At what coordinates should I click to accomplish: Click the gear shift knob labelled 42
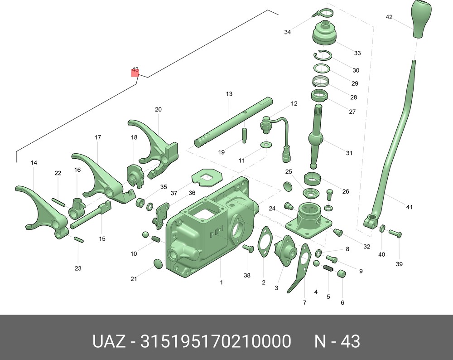[421, 19]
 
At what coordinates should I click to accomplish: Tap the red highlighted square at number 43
[135, 73]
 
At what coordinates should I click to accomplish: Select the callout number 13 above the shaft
[229, 94]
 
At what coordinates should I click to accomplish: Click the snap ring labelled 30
[323, 55]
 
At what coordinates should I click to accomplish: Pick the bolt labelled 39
[395, 233]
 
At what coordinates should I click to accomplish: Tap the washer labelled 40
[382, 228]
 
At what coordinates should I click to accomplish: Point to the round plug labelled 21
[158, 264]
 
